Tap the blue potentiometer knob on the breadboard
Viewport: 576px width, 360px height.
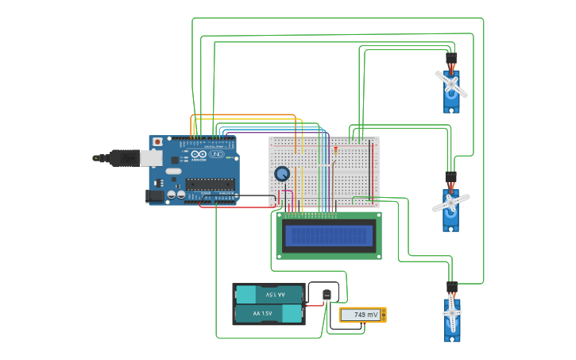click(281, 173)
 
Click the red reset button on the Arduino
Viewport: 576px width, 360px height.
click(157, 142)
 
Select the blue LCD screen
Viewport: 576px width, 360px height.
click(329, 235)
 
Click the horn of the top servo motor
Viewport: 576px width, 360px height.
click(451, 83)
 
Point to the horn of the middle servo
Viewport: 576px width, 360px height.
click(450, 203)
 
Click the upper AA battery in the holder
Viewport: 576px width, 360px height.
click(269, 295)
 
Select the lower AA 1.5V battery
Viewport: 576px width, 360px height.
click(269, 314)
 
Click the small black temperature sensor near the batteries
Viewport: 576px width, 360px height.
click(327, 296)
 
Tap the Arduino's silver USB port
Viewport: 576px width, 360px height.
click(151, 158)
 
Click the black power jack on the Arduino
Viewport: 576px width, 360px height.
click(154, 195)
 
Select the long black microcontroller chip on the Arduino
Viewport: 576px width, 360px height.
click(210, 184)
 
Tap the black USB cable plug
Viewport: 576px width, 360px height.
click(124, 158)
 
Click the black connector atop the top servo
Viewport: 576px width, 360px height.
click(451, 59)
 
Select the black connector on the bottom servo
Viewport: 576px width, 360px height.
click(451, 287)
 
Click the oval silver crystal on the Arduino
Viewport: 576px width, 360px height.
click(174, 171)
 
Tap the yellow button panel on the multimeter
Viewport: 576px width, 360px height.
click(383, 315)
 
